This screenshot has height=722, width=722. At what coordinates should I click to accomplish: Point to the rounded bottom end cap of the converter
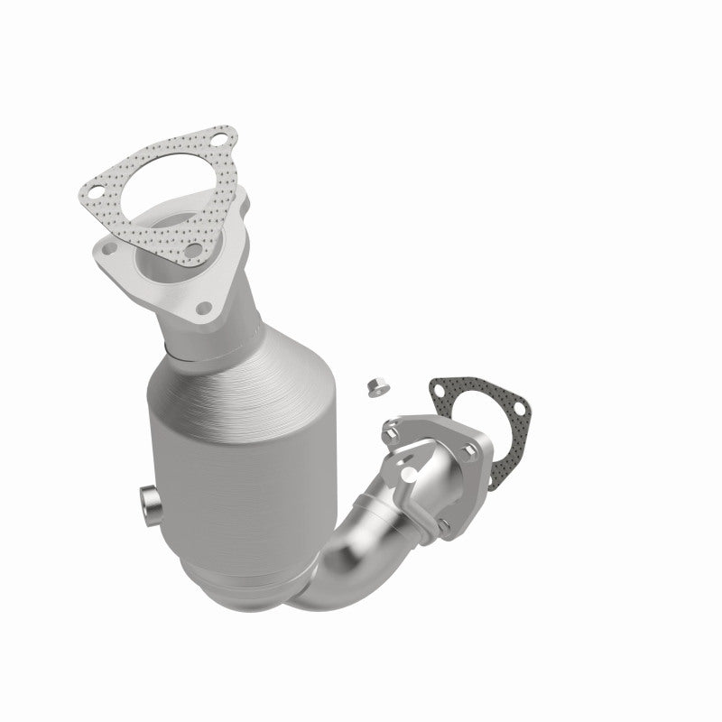(244, 578)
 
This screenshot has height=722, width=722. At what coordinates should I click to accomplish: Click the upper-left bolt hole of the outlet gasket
(440, 391)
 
